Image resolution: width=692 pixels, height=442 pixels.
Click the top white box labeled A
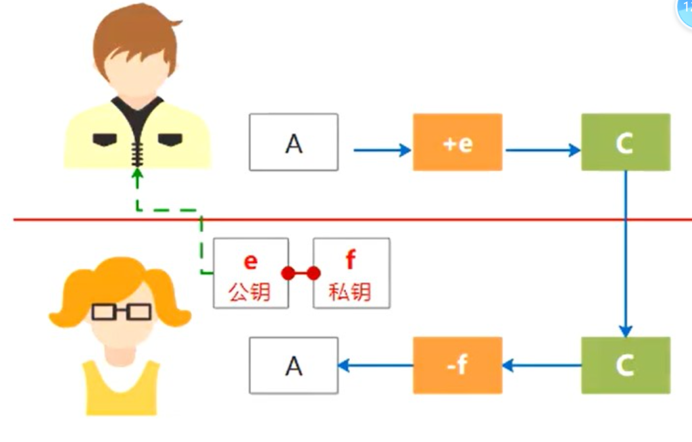[293, 142]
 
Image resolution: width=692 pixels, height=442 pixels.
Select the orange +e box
[458, 142]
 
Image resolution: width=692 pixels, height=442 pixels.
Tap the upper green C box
[625, 142]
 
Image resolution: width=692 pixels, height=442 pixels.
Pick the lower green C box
[625, 365]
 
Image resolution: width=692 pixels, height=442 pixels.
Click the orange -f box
[458, 365]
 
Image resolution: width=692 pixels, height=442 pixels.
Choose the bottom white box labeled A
[293, 365]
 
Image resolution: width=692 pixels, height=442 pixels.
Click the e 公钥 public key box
[251, 273]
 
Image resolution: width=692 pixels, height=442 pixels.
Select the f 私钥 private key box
[351, 273]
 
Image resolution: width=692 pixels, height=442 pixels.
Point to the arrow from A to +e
[382, 150]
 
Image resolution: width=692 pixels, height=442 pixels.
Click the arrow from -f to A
[376, 366]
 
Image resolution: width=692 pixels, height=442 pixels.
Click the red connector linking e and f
[301, 273]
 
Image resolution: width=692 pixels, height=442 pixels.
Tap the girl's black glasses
[122, 312]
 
